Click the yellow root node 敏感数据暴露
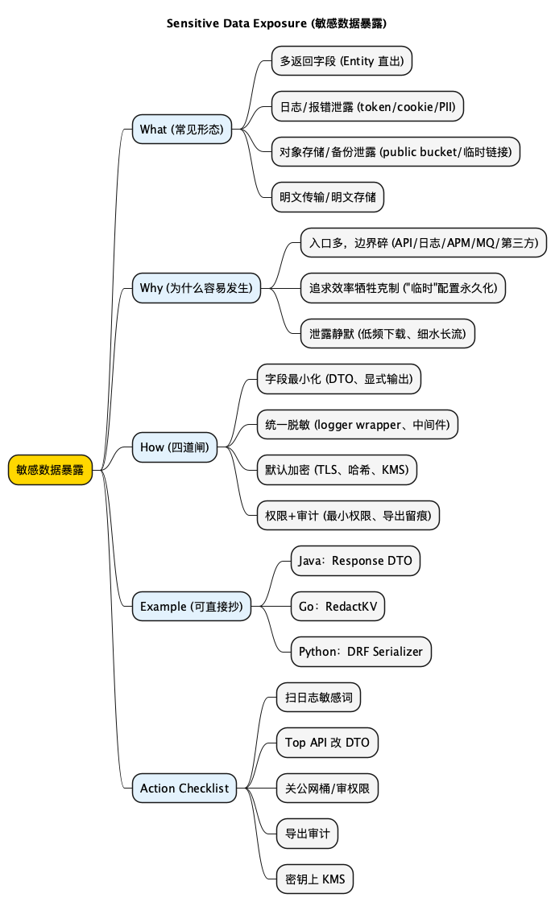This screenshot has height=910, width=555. [x=50, y=470]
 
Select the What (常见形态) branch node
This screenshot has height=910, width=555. [x=181, y=129]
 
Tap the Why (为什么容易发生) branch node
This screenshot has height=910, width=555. [x=196, y=287]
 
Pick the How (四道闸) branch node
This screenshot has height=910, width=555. [x=174, y=447]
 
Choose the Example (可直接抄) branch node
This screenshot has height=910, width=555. [x=191, y=606]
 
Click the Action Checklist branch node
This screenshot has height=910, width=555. [x=184, y=789]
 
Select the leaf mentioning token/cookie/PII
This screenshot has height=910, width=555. [x=367, y=106]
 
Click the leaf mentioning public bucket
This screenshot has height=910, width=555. [x=396, y=151]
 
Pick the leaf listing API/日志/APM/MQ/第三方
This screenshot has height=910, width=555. [x=424, y=241]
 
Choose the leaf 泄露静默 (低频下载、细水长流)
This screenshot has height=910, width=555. [x=388, y=332]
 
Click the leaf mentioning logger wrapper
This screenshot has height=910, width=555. [x=358, y=424]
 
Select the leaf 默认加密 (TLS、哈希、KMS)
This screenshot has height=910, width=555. [x=337, y=470]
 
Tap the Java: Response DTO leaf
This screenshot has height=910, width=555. [x=355, y=561]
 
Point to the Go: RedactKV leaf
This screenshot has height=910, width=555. [x=338, y=606]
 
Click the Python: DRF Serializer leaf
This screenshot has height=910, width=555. [x=361, y=652]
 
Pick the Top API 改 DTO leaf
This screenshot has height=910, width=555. [x=326, y=743]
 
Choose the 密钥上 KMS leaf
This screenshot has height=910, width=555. [x=314, y=879]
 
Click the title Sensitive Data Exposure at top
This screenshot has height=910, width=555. [x=276, y=23]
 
